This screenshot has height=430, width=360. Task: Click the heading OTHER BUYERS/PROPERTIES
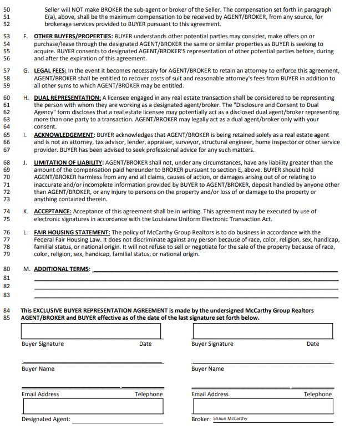click(x=73, y=36)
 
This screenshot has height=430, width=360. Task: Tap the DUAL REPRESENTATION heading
click(x=67, y=98)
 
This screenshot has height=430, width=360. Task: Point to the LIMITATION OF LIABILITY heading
click(x=69, y=163)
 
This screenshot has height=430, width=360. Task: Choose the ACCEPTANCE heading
click(x=52, y=211)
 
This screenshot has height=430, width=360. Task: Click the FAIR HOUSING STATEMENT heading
click(x=72, y=233)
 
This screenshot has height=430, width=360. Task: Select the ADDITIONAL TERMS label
click(x=62, y=269)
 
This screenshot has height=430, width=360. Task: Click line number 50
click(x=7, y=10)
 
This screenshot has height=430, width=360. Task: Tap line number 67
click(x=7, y=150)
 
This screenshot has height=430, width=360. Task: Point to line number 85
click(x=7, y=318)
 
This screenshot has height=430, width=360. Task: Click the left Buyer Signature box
click(x=91, y=331)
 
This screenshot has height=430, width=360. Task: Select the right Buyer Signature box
click(x=262, y=331)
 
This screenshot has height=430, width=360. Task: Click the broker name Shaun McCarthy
click(x=230, y=418)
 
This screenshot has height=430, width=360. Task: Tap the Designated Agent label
click(x=45, y=419)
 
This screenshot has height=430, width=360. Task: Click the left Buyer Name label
click(x=38, y=369)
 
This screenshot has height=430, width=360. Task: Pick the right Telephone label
click(x=317, y=395)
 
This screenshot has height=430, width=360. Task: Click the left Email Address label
click(x=40, y=395)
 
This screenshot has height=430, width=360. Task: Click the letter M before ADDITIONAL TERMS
click(x=27, y=269)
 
